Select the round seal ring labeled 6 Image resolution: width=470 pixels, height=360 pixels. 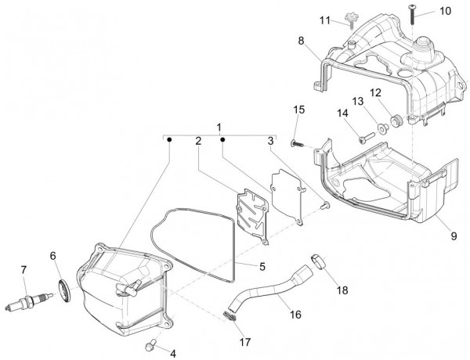(64, 288)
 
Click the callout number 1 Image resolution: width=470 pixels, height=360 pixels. (220, 127)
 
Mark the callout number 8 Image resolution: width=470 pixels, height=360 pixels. (300, 39)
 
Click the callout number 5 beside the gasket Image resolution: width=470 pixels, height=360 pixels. (261, 266)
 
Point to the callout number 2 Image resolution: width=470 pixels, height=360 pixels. (198, 142)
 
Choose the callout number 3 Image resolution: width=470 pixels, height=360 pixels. (270, 142)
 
